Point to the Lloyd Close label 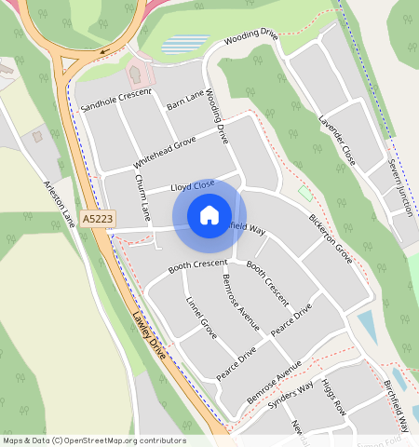coord(193,186)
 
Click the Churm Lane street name coord(142,197)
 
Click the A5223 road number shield coord(97,218)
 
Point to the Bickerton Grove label coord(331,238)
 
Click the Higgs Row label coord(333,396)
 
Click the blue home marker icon coord(209,216)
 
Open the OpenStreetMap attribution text coord(93,440)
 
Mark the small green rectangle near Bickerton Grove coord(304,193)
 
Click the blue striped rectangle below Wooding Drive coord(185,44)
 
